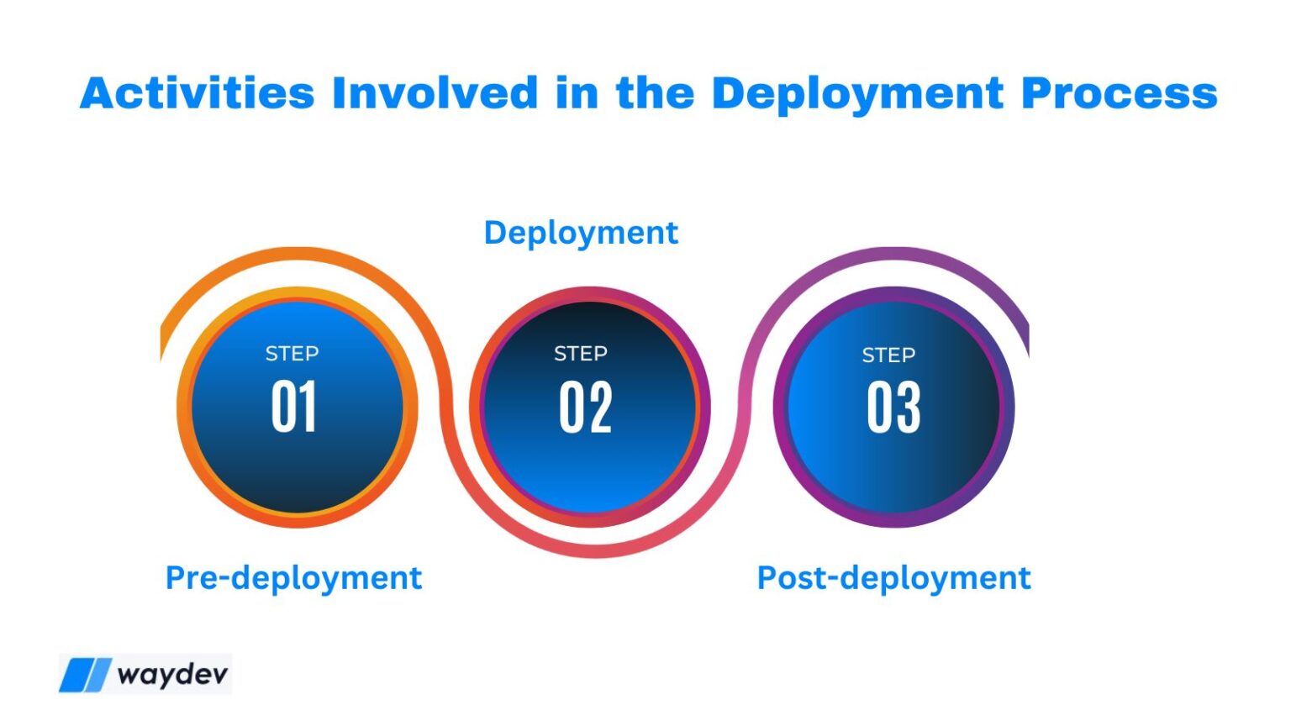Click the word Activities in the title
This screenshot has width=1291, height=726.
click(x=197, y=92)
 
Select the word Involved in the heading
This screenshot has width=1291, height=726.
click(x=435, y=92)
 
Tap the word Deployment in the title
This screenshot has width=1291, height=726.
click(x=857, y=94)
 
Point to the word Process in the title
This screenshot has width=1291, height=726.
click(x=1119, y=92)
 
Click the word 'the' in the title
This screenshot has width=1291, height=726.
click(x=655, y=92)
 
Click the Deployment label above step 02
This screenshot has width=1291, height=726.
click(x=581, y=233)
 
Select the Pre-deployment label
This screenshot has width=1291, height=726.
click(x=293, y=578)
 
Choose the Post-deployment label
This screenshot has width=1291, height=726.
click(x=893, y=578)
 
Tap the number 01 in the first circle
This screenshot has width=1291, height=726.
click(x=293, y=408)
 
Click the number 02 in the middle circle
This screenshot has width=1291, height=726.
click(x=585, y=408)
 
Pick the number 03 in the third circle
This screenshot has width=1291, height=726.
click(x=893, y=408)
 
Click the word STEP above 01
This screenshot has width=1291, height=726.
click(x=292, y=354)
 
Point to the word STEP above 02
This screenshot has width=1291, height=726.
click(x=580, y=354)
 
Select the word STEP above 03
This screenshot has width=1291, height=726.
click(x=888, y=355)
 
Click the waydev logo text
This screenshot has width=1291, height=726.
click(x=172, y=675)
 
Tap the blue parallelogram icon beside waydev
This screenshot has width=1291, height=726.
click(x=85, y=675)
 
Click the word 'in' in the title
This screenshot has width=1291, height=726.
click(x=576, y=92)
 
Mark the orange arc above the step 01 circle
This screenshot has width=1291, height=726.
click(x=297, y=255)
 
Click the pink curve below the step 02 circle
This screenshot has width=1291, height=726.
click(x=595, y=550)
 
